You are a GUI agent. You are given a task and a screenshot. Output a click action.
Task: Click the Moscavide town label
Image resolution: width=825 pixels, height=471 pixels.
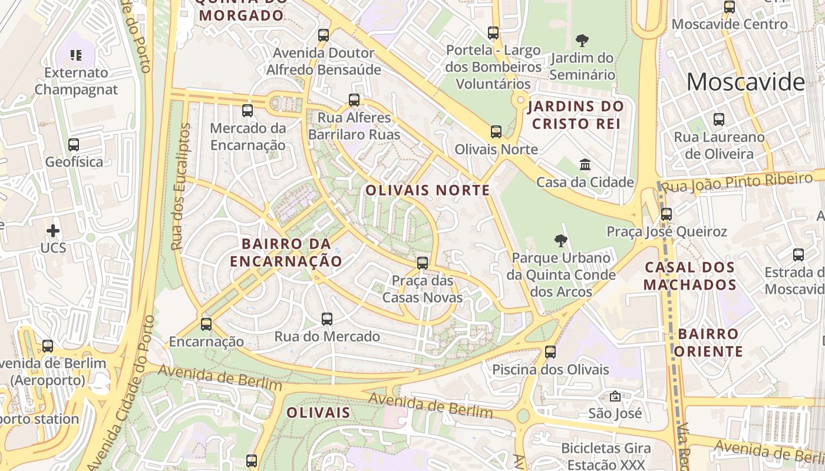pyautogui.click(x=745, y=82)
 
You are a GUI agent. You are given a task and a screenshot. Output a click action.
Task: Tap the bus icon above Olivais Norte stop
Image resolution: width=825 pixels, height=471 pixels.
pyautogui.click(x=496, y=132)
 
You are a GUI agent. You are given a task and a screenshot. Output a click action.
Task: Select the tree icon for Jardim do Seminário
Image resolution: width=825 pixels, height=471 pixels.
pyautogui.click(x=582, y=41)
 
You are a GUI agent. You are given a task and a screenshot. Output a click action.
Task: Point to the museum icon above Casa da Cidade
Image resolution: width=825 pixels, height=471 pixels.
pyautogui.click(x=585, y=164)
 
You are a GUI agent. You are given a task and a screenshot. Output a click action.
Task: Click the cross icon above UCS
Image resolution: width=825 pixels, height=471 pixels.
pyautogui.click(x=53, y=230)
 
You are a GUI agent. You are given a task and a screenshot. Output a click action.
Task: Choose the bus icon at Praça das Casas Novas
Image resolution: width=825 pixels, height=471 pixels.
pyautogui.click(x=423, y=263)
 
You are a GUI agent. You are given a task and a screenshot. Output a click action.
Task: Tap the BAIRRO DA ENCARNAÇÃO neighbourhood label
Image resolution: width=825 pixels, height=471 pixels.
pyautogui.click(x=286, y=252)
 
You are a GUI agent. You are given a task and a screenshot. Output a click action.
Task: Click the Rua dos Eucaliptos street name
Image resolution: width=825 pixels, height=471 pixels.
pyautogui.click(x=180, y=187)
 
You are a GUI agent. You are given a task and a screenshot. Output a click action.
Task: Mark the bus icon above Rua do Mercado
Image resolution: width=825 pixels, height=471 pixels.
pyautogui.click(x=327, y=319)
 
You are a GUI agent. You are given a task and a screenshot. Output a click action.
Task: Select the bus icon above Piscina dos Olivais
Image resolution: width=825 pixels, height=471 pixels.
pyautogui.click(x=550, y=352)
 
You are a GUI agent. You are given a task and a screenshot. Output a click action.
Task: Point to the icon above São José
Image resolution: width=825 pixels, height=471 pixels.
pyautogui.click(x=615, y=396)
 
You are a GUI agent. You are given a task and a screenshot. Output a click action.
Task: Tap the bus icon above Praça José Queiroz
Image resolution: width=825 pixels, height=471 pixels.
pyautogui.click(x=666, y=214)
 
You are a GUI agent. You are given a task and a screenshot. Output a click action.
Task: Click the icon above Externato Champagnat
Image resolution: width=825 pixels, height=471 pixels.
pyautogui.click(x=75, y=55)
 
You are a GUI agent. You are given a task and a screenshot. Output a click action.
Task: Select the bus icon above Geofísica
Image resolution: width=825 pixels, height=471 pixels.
pyautogui.click(x=74, y=145)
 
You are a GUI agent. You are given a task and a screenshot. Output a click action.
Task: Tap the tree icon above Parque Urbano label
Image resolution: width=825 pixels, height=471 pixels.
pyautogui.click(x=561, y=240)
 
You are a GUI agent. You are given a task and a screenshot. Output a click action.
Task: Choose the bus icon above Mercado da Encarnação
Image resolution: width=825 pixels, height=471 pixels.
pyautogui.click(x=247, y=111)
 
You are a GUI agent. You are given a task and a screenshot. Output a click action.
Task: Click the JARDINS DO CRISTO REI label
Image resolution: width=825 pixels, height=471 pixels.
pyautogui.click(x=575, y=115)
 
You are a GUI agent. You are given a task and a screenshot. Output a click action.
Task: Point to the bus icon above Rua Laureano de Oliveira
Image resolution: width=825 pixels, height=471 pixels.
pyautogui.click(x=719, y=120)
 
